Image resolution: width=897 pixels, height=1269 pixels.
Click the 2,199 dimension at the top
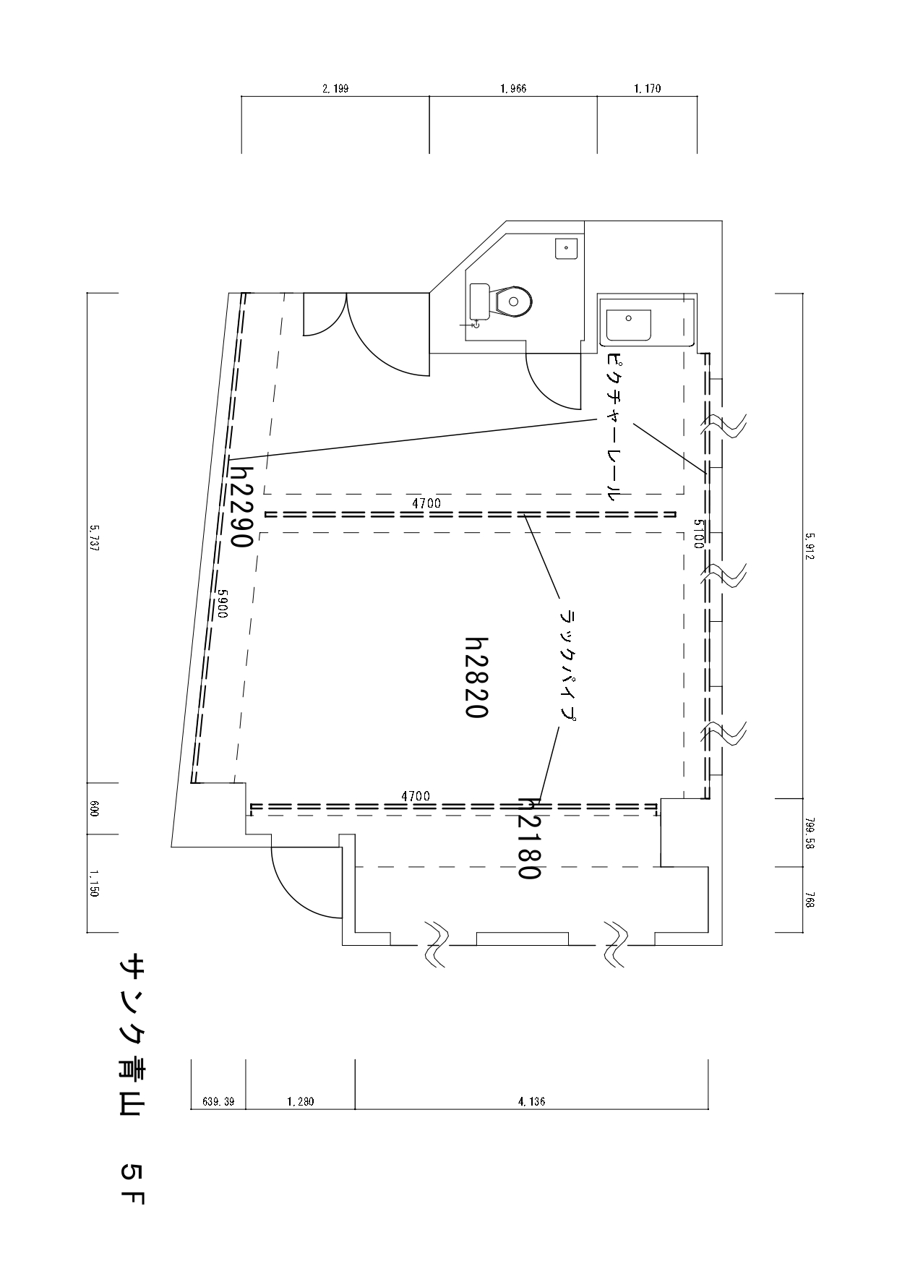(335, 89)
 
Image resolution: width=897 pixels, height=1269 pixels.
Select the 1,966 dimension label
(513, 89)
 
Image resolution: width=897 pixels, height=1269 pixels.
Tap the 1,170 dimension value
(647, 89)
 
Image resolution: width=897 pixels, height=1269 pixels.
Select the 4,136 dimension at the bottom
(531, 1102)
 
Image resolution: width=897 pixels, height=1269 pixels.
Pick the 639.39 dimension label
(218, 1102)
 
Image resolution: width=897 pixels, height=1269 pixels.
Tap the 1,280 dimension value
(301, 1102)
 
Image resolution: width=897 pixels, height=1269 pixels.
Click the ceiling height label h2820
(477, 677)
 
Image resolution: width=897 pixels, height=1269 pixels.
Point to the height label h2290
(241, 505)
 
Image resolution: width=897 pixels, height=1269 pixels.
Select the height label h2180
(529, 839)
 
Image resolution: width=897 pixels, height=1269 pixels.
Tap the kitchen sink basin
(629, 325)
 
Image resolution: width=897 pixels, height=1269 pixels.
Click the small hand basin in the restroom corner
(566, 248)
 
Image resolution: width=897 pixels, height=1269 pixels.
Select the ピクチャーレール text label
(613, 427)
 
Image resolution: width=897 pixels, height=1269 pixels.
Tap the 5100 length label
(698, 534)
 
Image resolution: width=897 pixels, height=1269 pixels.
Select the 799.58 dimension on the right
(809, 832)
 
